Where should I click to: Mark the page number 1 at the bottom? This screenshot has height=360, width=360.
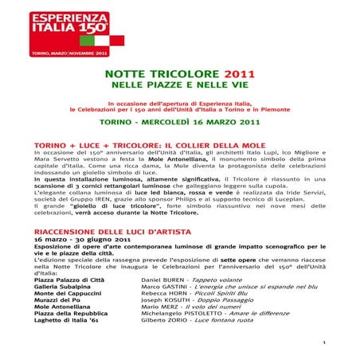[347, 342]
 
